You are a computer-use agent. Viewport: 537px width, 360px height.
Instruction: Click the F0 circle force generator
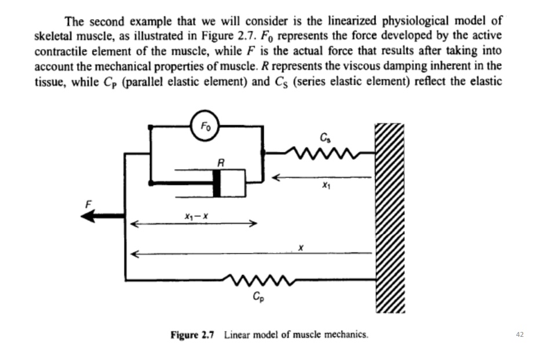click(206, 126)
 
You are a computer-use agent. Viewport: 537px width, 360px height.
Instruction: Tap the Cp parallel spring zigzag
click(255, 280)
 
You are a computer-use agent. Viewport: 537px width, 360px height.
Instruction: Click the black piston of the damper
click(218, 183)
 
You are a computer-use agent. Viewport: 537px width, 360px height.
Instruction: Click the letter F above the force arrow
click(89, 204)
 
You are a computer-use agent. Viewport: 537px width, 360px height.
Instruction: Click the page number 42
click(519, 335)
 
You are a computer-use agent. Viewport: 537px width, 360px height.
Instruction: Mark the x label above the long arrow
click(301, 247)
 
